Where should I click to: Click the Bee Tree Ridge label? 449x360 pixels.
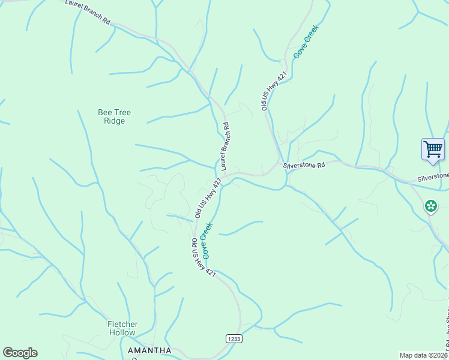click(x=114, y=116)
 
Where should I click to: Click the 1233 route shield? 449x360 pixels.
click(x=234, y=339)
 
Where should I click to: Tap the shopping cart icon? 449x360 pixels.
click(x=433, y=149)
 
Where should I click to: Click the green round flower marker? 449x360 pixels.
click(x=430, y=206)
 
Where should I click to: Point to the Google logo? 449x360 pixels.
click(x=20, y=353)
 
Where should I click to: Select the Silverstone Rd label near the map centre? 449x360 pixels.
click(x=304, y=164)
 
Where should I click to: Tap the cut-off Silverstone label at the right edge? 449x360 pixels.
click(x=433, y=176)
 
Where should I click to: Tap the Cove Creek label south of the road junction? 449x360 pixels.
click(x=207, y=240)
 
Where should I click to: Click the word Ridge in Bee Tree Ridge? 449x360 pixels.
click(x=114, y=121)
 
